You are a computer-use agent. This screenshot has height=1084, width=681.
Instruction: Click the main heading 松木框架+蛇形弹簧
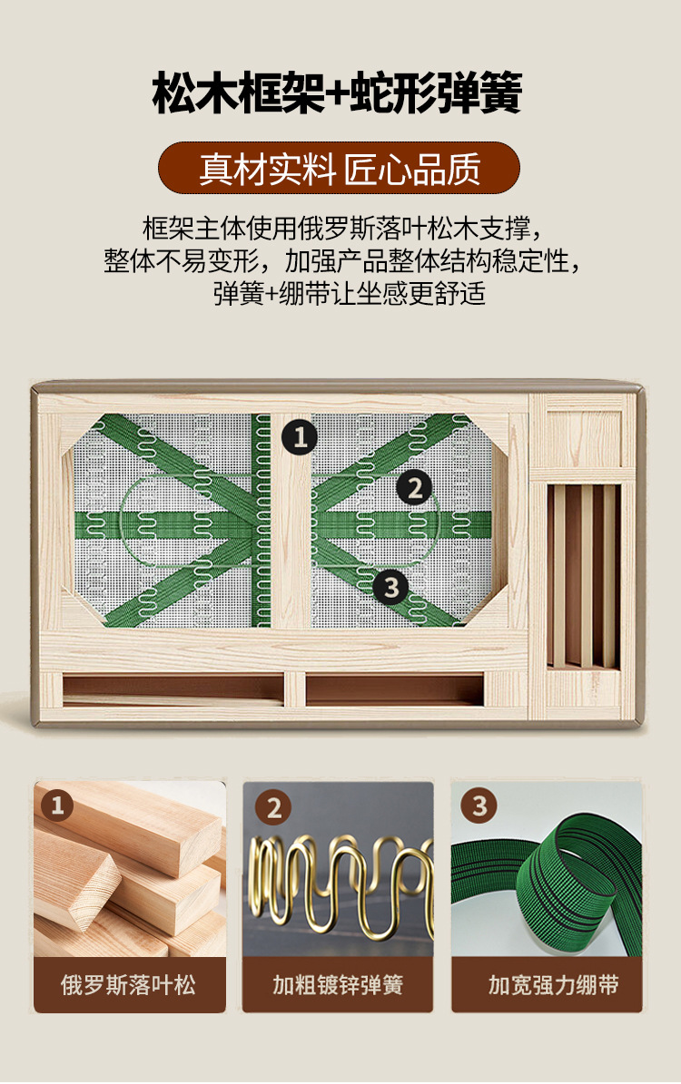tap(337, 92)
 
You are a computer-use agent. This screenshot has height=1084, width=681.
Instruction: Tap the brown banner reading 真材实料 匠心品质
tap(339, 168)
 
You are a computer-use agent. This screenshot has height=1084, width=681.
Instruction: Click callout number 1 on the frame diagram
tap(300, 437)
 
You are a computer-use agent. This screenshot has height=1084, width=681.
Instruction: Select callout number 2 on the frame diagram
tap(414, 488)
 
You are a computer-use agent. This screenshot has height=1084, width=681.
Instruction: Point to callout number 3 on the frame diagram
tap(391, 588)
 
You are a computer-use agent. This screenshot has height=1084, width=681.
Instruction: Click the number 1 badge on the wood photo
tap(56, 805)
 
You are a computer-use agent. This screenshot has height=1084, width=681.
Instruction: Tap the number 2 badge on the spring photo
tap(273, 807)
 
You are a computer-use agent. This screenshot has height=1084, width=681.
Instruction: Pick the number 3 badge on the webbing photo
tap(479, 805)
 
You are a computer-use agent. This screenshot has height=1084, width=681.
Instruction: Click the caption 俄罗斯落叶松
tap(129, 984)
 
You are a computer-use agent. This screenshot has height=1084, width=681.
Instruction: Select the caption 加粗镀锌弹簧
tap(338, 984)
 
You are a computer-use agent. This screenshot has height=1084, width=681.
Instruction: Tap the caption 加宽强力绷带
tap(553, 984)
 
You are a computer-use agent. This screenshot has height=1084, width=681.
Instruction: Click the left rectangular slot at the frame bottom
tap(173, 690)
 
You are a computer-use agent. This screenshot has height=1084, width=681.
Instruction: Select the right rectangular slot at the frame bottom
tap(394, 690)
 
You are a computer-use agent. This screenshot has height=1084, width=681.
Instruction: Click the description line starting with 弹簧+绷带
tap(349, 294)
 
